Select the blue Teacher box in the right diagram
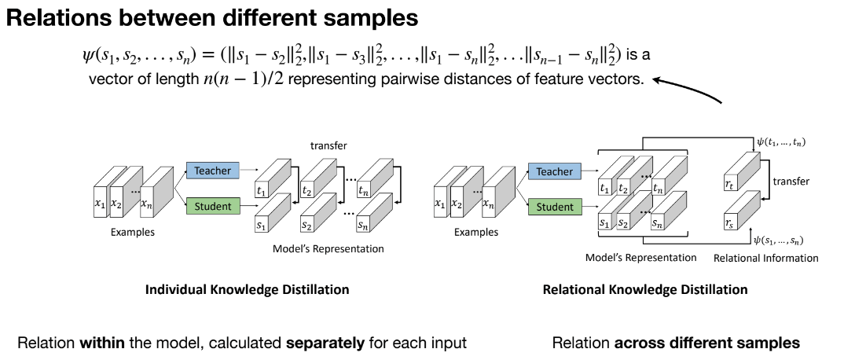[x=554, y=171]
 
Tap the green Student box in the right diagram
[x=554, y=207]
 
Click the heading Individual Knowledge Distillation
[x=247, y=289]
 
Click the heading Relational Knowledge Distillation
[x=645, y=289]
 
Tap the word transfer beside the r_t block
[x=791, y=182]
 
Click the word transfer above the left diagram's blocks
[x=328, y=146]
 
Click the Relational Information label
[x=765, y=258]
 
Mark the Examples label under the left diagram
[x=132, y=232]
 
